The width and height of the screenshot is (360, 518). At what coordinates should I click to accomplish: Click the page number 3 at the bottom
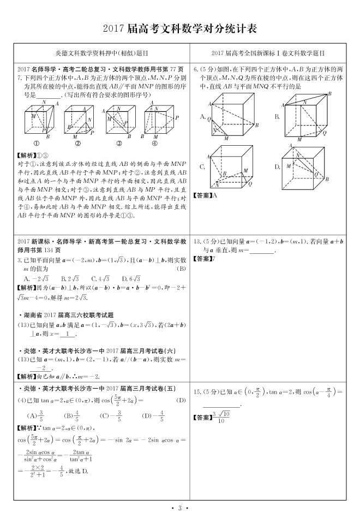pyautogui.click(x=180, y=508)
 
